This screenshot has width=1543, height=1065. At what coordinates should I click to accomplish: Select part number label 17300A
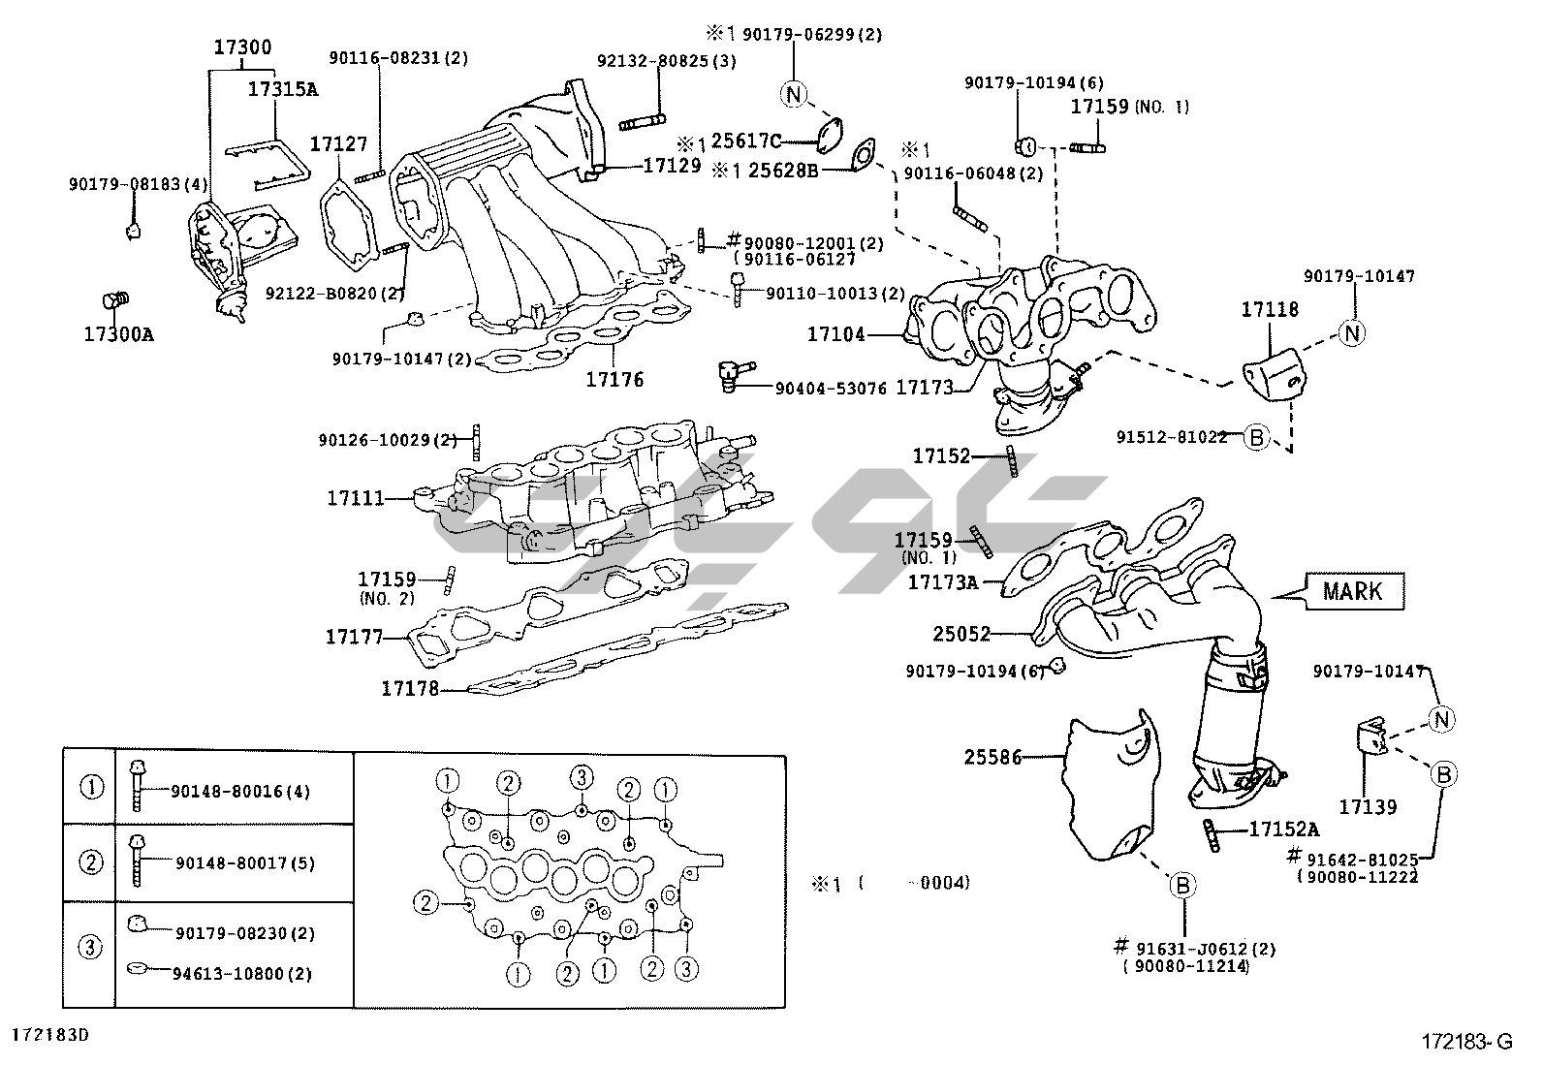[118, 335]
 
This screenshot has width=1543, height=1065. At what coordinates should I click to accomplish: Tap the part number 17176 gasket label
[614, 380]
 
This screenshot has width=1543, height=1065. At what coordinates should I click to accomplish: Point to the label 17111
[356, 498]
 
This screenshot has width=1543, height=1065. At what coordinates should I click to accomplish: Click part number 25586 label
[993, 757]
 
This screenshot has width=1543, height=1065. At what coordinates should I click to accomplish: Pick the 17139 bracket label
[1368, 805]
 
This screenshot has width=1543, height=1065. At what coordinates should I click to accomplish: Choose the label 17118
[1270, 310]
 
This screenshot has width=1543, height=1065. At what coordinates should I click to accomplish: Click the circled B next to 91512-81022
[1256, 438]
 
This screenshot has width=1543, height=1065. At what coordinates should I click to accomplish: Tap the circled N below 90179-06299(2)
[793, 93]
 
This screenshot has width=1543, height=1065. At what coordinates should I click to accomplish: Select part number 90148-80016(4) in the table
[241, 792]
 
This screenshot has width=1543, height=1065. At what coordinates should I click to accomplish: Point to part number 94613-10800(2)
[243, 974]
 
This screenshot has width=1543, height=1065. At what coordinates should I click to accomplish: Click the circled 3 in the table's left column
[89, 946]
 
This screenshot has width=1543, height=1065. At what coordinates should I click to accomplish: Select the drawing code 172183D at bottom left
[50, 1034]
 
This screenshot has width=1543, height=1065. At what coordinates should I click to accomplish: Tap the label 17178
[410, 688]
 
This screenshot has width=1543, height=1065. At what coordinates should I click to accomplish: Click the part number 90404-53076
[831, 389]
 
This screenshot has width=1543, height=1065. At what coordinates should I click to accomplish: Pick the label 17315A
[283, 89]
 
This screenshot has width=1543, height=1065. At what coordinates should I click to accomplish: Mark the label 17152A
[1283, 830]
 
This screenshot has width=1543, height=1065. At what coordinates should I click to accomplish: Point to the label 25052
[962, 634]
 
